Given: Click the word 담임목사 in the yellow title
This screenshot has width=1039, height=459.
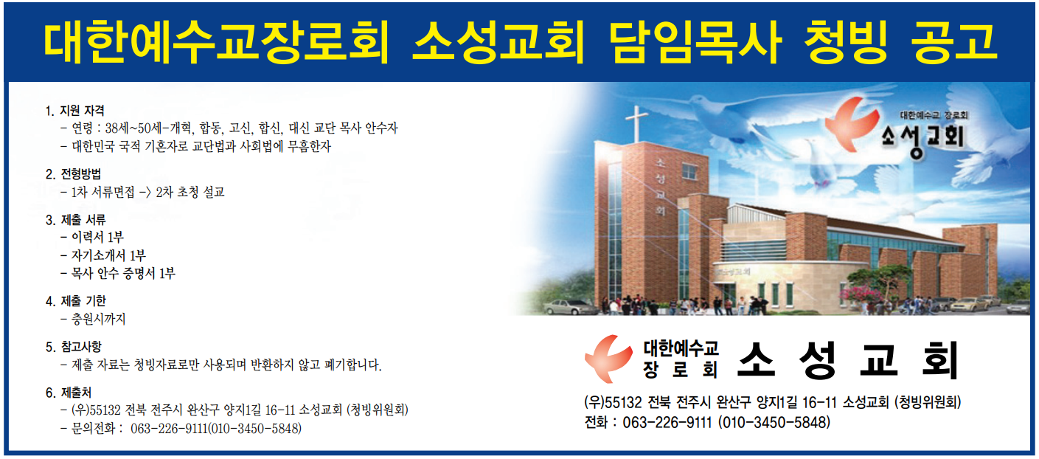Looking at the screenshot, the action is click(695, 43).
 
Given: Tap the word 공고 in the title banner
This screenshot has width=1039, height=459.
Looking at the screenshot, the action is click(955, 43).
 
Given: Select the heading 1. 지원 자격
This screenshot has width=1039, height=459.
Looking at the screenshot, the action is click(75, 111).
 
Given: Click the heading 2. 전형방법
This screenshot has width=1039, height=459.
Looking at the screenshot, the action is click(73, 174).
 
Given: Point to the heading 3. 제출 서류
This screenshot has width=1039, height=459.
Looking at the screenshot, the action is click(76, 219).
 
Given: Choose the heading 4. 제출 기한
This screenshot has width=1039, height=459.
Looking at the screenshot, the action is click(76, 301).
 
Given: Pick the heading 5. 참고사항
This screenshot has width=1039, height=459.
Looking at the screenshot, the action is click(73, 347).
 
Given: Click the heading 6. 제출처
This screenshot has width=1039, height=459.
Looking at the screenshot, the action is click(69, 393).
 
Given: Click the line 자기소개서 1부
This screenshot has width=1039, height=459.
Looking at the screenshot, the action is click(108, 255).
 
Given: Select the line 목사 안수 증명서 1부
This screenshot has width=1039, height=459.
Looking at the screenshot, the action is click(123, 273).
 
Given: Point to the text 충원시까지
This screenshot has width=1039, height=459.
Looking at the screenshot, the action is click(98, 319).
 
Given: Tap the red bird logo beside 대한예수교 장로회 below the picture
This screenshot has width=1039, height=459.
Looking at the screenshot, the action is click(608, 359).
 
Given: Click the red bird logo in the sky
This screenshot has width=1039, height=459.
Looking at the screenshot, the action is click(852, 125).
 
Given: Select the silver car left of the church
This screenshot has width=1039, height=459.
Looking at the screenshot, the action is click(570, 307).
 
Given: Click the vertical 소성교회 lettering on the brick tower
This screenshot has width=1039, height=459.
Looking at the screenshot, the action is click(661, 187).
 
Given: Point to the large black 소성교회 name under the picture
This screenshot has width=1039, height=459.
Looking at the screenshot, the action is click(848, 360).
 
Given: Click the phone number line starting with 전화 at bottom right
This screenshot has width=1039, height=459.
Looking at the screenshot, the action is click(707, 422).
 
